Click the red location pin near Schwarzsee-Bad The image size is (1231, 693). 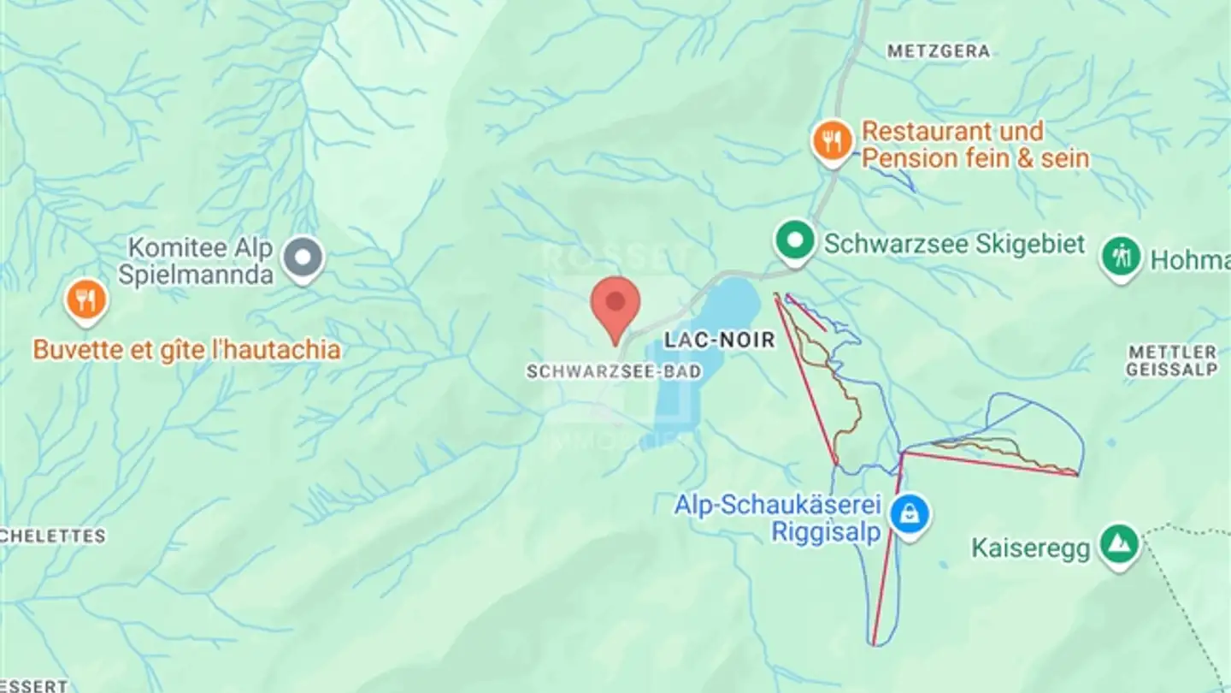click(616, 305)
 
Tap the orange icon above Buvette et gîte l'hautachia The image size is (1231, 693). click(86, 300)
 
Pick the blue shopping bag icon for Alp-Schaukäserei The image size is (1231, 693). click(910, 514)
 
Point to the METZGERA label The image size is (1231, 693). click(938, 52)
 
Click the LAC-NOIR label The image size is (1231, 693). click(719, 341)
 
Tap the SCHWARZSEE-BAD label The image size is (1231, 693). click(614, 372)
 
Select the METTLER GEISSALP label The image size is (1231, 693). click(1171, 361)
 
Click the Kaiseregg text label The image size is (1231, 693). click(1031, 548)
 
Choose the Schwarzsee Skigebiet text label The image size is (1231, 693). click(954, 244)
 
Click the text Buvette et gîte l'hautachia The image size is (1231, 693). click(186, 350)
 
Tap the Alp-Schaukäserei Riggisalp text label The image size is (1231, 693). click(777, 518)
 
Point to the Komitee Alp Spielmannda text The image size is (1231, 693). click(199, 262)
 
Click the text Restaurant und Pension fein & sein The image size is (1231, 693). click(975, 145)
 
